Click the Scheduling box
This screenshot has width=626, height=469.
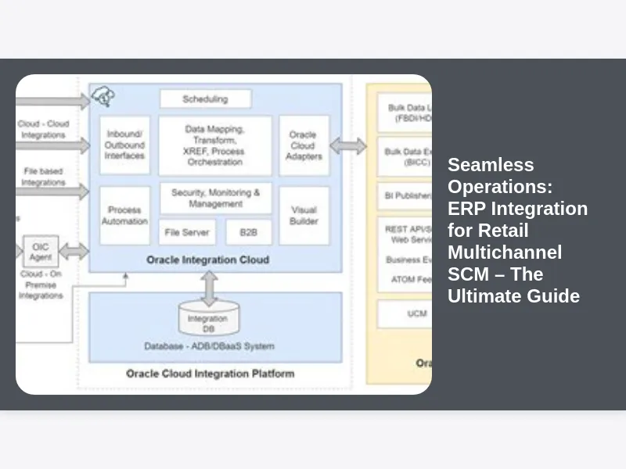[205, 99]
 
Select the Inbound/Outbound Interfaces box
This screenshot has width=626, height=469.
[124, 145]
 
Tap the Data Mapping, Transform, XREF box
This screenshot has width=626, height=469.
[214, 145]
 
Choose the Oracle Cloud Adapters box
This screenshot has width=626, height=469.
[304, 145]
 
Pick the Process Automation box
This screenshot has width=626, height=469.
[124, 215]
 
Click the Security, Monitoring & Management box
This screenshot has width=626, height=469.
[215, 199]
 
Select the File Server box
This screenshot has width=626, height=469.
[187, 232]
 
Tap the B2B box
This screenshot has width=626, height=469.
[249, 232]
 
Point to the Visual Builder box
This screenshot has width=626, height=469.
[304, 215]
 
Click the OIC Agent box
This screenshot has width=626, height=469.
[40, 252]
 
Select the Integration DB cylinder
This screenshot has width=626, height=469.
[207, 320]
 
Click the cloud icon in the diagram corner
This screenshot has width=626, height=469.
[103, 97]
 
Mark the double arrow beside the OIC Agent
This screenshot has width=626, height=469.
[74, 252]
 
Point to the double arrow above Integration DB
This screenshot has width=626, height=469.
[209, 288]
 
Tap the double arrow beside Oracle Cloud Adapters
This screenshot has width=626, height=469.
[348, 146]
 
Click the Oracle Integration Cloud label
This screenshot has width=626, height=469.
[207, 260]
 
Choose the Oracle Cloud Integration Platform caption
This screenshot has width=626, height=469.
[210, 374]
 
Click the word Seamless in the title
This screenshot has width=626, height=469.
[491, 165]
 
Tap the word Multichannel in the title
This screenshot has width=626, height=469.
[505, 252]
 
